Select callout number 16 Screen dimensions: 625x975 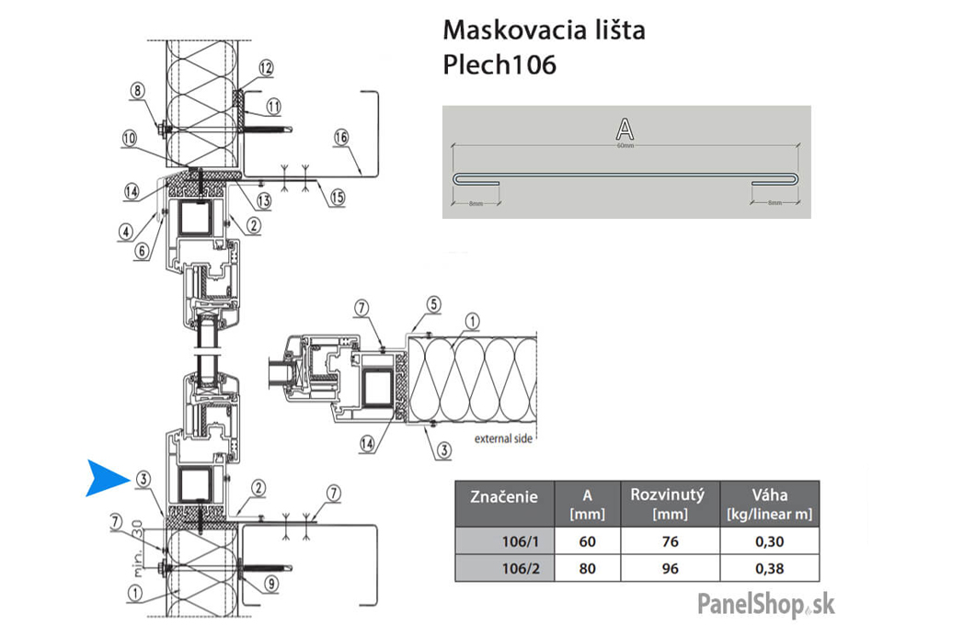point(340,138)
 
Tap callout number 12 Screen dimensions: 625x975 point(266,67)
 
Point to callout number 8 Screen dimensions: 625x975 point(138,90)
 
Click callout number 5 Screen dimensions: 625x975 point(433,304)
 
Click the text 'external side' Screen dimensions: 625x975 point(503,438)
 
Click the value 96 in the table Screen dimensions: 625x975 point(670,568)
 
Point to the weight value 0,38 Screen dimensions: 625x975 point(769,568)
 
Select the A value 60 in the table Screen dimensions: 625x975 point(587,541)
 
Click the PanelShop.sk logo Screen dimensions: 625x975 point(765,603)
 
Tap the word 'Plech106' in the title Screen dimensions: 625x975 point(499,66)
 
